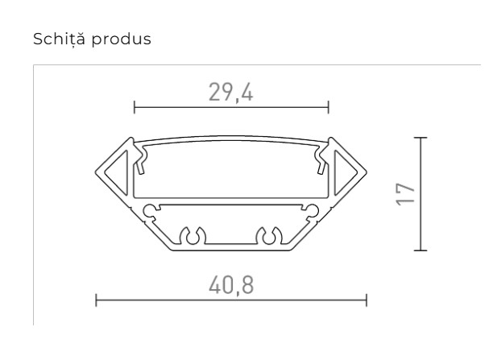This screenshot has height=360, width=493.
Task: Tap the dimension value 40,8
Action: (x=230, y=284)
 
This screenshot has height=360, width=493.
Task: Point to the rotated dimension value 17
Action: (x=406, y=193)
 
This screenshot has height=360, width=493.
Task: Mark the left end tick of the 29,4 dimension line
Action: (x=134, y=106)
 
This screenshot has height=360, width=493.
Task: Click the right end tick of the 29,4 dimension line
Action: (x=329, y=106)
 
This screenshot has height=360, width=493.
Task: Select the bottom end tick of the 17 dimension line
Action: (x=420, y=250)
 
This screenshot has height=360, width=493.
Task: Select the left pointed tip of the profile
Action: (x=97, y=172)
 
